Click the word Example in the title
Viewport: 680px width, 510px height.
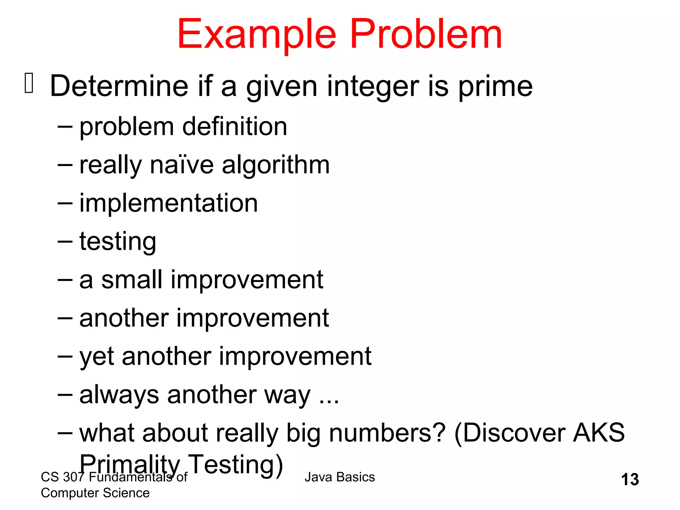pyautogui.click(x=257, y=35)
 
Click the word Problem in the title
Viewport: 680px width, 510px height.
pyautogui.click(x=426, y=34)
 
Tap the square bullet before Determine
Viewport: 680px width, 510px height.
pyautogui.click(x=29, y=83)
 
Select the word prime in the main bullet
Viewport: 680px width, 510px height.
pyautogui.click(x=495, y=86)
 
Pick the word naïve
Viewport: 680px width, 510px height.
pyautogui.click(x=182, y=165)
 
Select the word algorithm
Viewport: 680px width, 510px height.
pyautogui.click(x=276, y=166)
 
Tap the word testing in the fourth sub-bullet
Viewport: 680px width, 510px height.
pyautogui.click(x=118, y=242)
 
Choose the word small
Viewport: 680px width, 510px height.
pyautogui.click(x=131, y=280)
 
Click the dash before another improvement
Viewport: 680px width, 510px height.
pyautogui.click(x=65, y=318)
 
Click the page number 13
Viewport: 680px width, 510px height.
pyautogui.click(x=630, y=480)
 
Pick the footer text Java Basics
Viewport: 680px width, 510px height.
pyautogui.click(x=339, y=477)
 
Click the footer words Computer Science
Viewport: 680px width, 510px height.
pyautogui.click(x=95, y=493)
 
